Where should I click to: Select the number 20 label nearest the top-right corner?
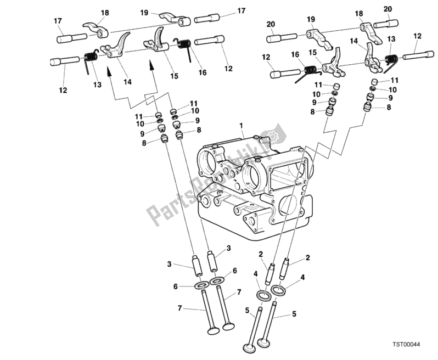(x=388, y=9)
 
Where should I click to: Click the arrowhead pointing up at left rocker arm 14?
(x=109, y=71)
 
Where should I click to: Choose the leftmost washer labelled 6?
(x=201, y=285)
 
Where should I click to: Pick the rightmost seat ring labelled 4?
(x=278, y=290)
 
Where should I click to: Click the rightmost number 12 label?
(x=417, y=36)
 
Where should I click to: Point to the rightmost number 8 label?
(x=389, y=108)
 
